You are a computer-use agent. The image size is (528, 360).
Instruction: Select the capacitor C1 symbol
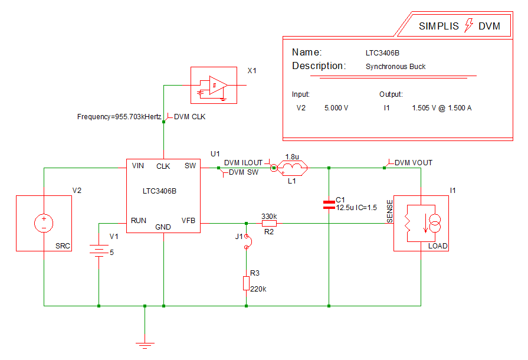pos(329,204)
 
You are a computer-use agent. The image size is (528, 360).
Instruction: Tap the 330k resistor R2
pos(269,224)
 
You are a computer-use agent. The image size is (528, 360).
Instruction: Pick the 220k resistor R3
pos(246,283)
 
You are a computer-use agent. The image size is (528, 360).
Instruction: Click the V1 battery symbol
pos(99,251)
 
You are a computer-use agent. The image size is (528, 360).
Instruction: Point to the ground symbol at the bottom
pos(144,343)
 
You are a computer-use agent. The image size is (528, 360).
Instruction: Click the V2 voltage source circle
pos(44,223)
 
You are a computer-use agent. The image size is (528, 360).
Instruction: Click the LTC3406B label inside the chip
pos(159,192)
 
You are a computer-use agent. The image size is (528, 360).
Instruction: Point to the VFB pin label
pos(188,221)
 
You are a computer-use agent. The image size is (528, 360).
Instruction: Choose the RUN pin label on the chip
pos(139,221)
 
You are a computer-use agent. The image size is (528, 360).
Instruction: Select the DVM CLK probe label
pos(189,117)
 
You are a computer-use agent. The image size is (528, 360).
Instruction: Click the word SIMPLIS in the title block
pos(440,26)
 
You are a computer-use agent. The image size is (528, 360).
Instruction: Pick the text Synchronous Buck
pos(395,67)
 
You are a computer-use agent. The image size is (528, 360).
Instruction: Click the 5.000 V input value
pos(336,108)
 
